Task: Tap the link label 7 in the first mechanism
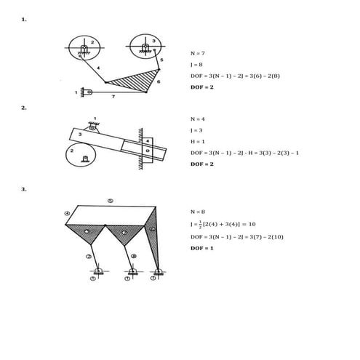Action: coord(112,95)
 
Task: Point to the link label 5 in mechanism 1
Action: coord(162,59)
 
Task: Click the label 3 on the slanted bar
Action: coord(81,135)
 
